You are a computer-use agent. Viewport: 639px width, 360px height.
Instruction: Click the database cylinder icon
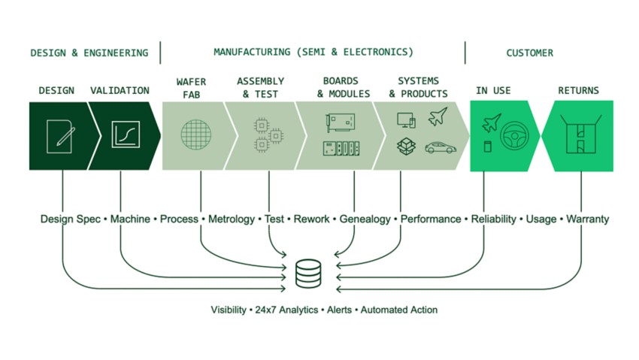308,274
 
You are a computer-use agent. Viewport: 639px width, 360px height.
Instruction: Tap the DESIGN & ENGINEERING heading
89,53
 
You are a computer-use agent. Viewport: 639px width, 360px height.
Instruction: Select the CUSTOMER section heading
530,53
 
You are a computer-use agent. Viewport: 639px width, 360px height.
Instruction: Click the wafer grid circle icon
196,135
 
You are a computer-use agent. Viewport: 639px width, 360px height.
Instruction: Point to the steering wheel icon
514,136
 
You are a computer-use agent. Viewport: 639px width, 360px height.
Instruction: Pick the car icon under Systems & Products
441,147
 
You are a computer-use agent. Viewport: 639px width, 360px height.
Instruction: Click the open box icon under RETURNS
580,134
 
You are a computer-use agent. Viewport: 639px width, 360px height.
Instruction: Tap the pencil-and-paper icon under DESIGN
60,137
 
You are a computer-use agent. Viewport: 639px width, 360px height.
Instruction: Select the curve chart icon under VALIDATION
126,135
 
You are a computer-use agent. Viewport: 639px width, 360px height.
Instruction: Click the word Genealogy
365,219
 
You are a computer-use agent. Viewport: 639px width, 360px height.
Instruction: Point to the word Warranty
587,219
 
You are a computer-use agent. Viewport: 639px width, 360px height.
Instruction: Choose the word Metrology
231,219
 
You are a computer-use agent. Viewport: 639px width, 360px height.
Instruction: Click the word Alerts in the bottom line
339,310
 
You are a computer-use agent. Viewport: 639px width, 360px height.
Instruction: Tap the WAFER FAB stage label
191,88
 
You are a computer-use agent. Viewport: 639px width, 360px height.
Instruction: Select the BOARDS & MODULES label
343,87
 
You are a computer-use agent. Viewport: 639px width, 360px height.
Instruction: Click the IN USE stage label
493,90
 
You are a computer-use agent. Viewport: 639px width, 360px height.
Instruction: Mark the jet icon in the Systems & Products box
438,116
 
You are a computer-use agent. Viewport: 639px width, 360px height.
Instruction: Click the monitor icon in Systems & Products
406,120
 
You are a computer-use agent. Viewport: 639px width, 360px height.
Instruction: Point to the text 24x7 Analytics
286,310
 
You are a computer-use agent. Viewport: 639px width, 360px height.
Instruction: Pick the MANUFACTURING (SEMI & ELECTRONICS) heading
313,52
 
